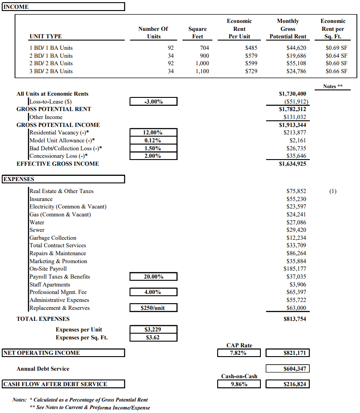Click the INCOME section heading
coord(16,7)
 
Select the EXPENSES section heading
coord(19,179)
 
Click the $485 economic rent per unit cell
coord(251,48)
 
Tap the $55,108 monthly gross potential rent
coord(296,63)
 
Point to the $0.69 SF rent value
coord(336,48)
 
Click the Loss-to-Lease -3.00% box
coord(153,102)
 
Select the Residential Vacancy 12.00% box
coord(153,133)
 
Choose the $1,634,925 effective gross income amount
coord(293,164)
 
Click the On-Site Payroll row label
coord(48,269)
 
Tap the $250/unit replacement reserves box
coord(153,308)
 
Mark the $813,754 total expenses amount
coord(295,319)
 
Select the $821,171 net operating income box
coord(288,353)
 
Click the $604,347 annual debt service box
coord(288,368)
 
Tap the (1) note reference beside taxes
coord(333,191)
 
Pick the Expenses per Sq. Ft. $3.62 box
coord(153,338)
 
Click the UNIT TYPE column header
coord(45,37)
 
